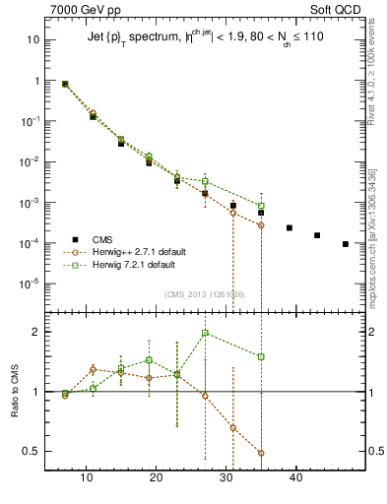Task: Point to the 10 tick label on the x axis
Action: click(x=87, y=478)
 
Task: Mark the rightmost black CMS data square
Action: click(x=346, y=243)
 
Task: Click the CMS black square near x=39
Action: click(x=290, y=227)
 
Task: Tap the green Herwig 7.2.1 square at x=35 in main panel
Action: click(x=261, y=206)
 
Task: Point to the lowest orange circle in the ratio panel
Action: click(x=261, y=453)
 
